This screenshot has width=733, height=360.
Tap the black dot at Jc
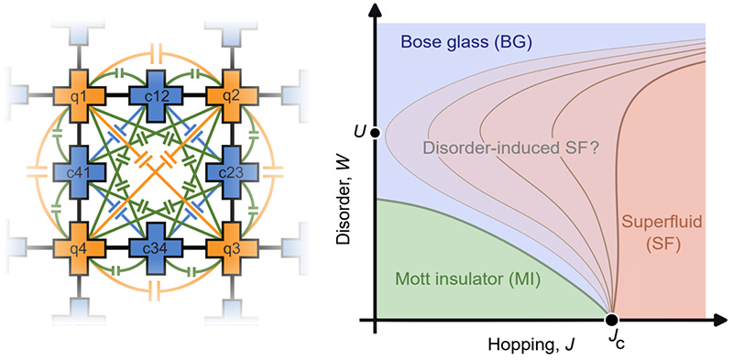(611, 320)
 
